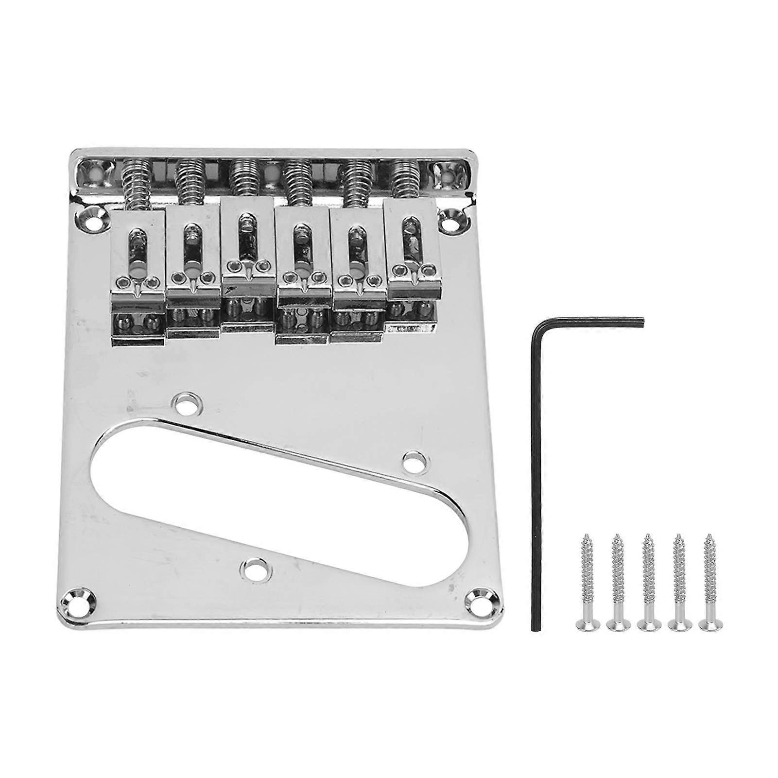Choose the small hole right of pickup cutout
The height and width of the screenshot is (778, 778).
(414, 459)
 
